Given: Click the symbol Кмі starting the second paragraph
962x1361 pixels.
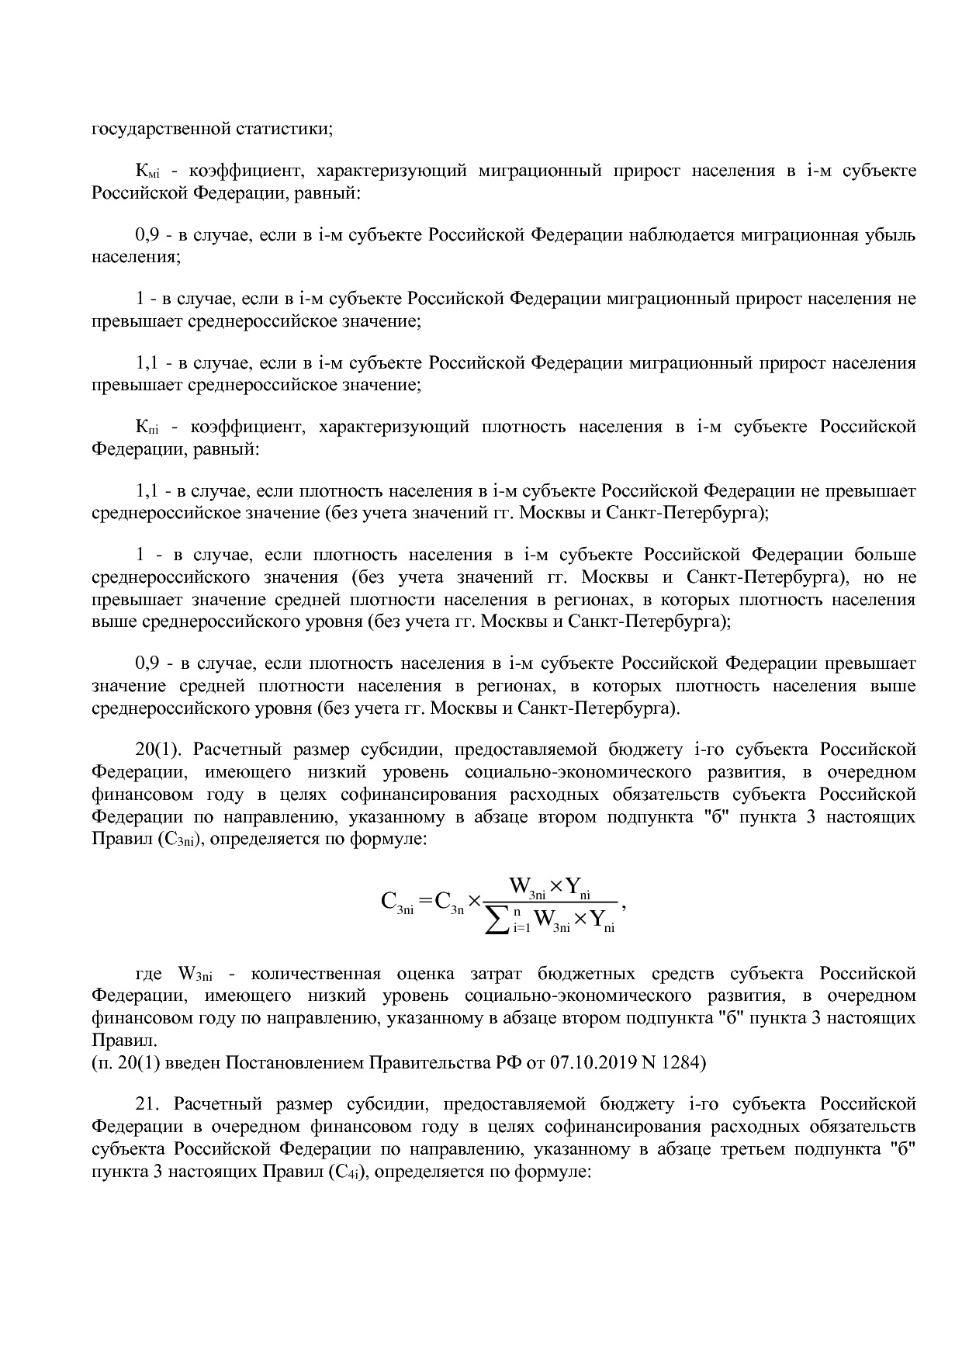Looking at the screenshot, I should (147, 171).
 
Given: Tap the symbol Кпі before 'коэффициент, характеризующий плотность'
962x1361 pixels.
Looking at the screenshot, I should (147, 428).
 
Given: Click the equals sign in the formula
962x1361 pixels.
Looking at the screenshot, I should (426, 901).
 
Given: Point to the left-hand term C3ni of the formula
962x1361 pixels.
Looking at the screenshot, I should (397, 902).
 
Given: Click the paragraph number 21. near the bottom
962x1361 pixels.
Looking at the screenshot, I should (147, 1104).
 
